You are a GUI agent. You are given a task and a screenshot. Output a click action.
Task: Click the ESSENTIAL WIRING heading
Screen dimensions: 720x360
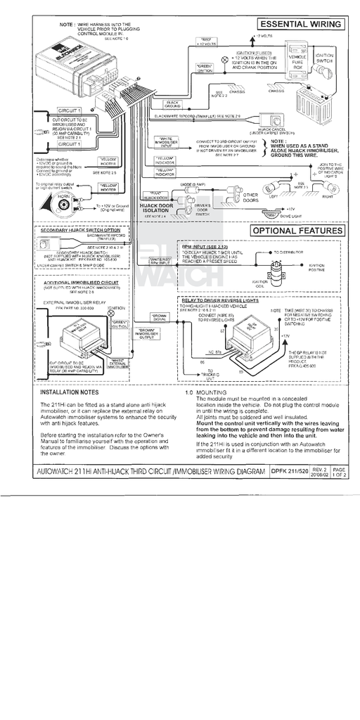(300, 25)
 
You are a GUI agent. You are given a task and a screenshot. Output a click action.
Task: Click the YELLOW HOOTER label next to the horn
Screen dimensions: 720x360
(108, 187)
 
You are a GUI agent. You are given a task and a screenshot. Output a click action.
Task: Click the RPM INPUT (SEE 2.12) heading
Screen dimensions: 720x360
(207, 248)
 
